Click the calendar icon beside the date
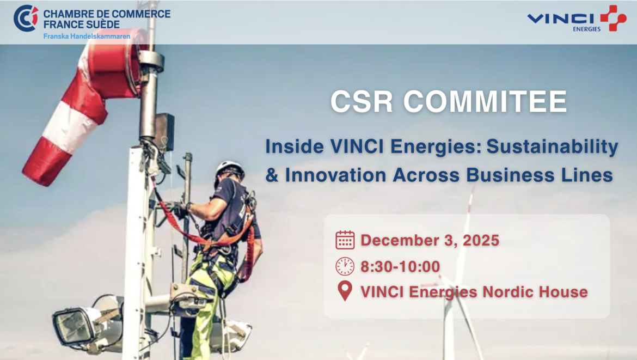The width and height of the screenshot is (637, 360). [x=345, y=240]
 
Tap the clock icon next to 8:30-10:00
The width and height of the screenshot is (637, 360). [x=345, y=266]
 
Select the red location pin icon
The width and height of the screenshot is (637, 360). [x=345, y=291]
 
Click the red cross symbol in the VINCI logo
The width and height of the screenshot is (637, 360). [x=614, y=18]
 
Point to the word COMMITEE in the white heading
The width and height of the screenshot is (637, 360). [x=485, y=102]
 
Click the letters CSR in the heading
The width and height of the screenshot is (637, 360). [x=362, y=102]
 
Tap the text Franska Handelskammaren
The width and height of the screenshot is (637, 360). [x=87, y=36]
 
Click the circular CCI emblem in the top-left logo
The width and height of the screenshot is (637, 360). [x=26, y=18]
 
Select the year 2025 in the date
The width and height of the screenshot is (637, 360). [x=481, y=240]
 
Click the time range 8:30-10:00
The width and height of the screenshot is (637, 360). [x=400, y=266]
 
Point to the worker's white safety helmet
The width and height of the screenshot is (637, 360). [x=230, y=169]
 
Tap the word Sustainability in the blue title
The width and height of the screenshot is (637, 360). [x=553, y=147]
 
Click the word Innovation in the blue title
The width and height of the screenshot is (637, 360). [x=335, y=175]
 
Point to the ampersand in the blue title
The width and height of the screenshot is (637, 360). [x=272, y=175]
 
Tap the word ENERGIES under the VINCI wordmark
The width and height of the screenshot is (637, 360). [x=586, y=29]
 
